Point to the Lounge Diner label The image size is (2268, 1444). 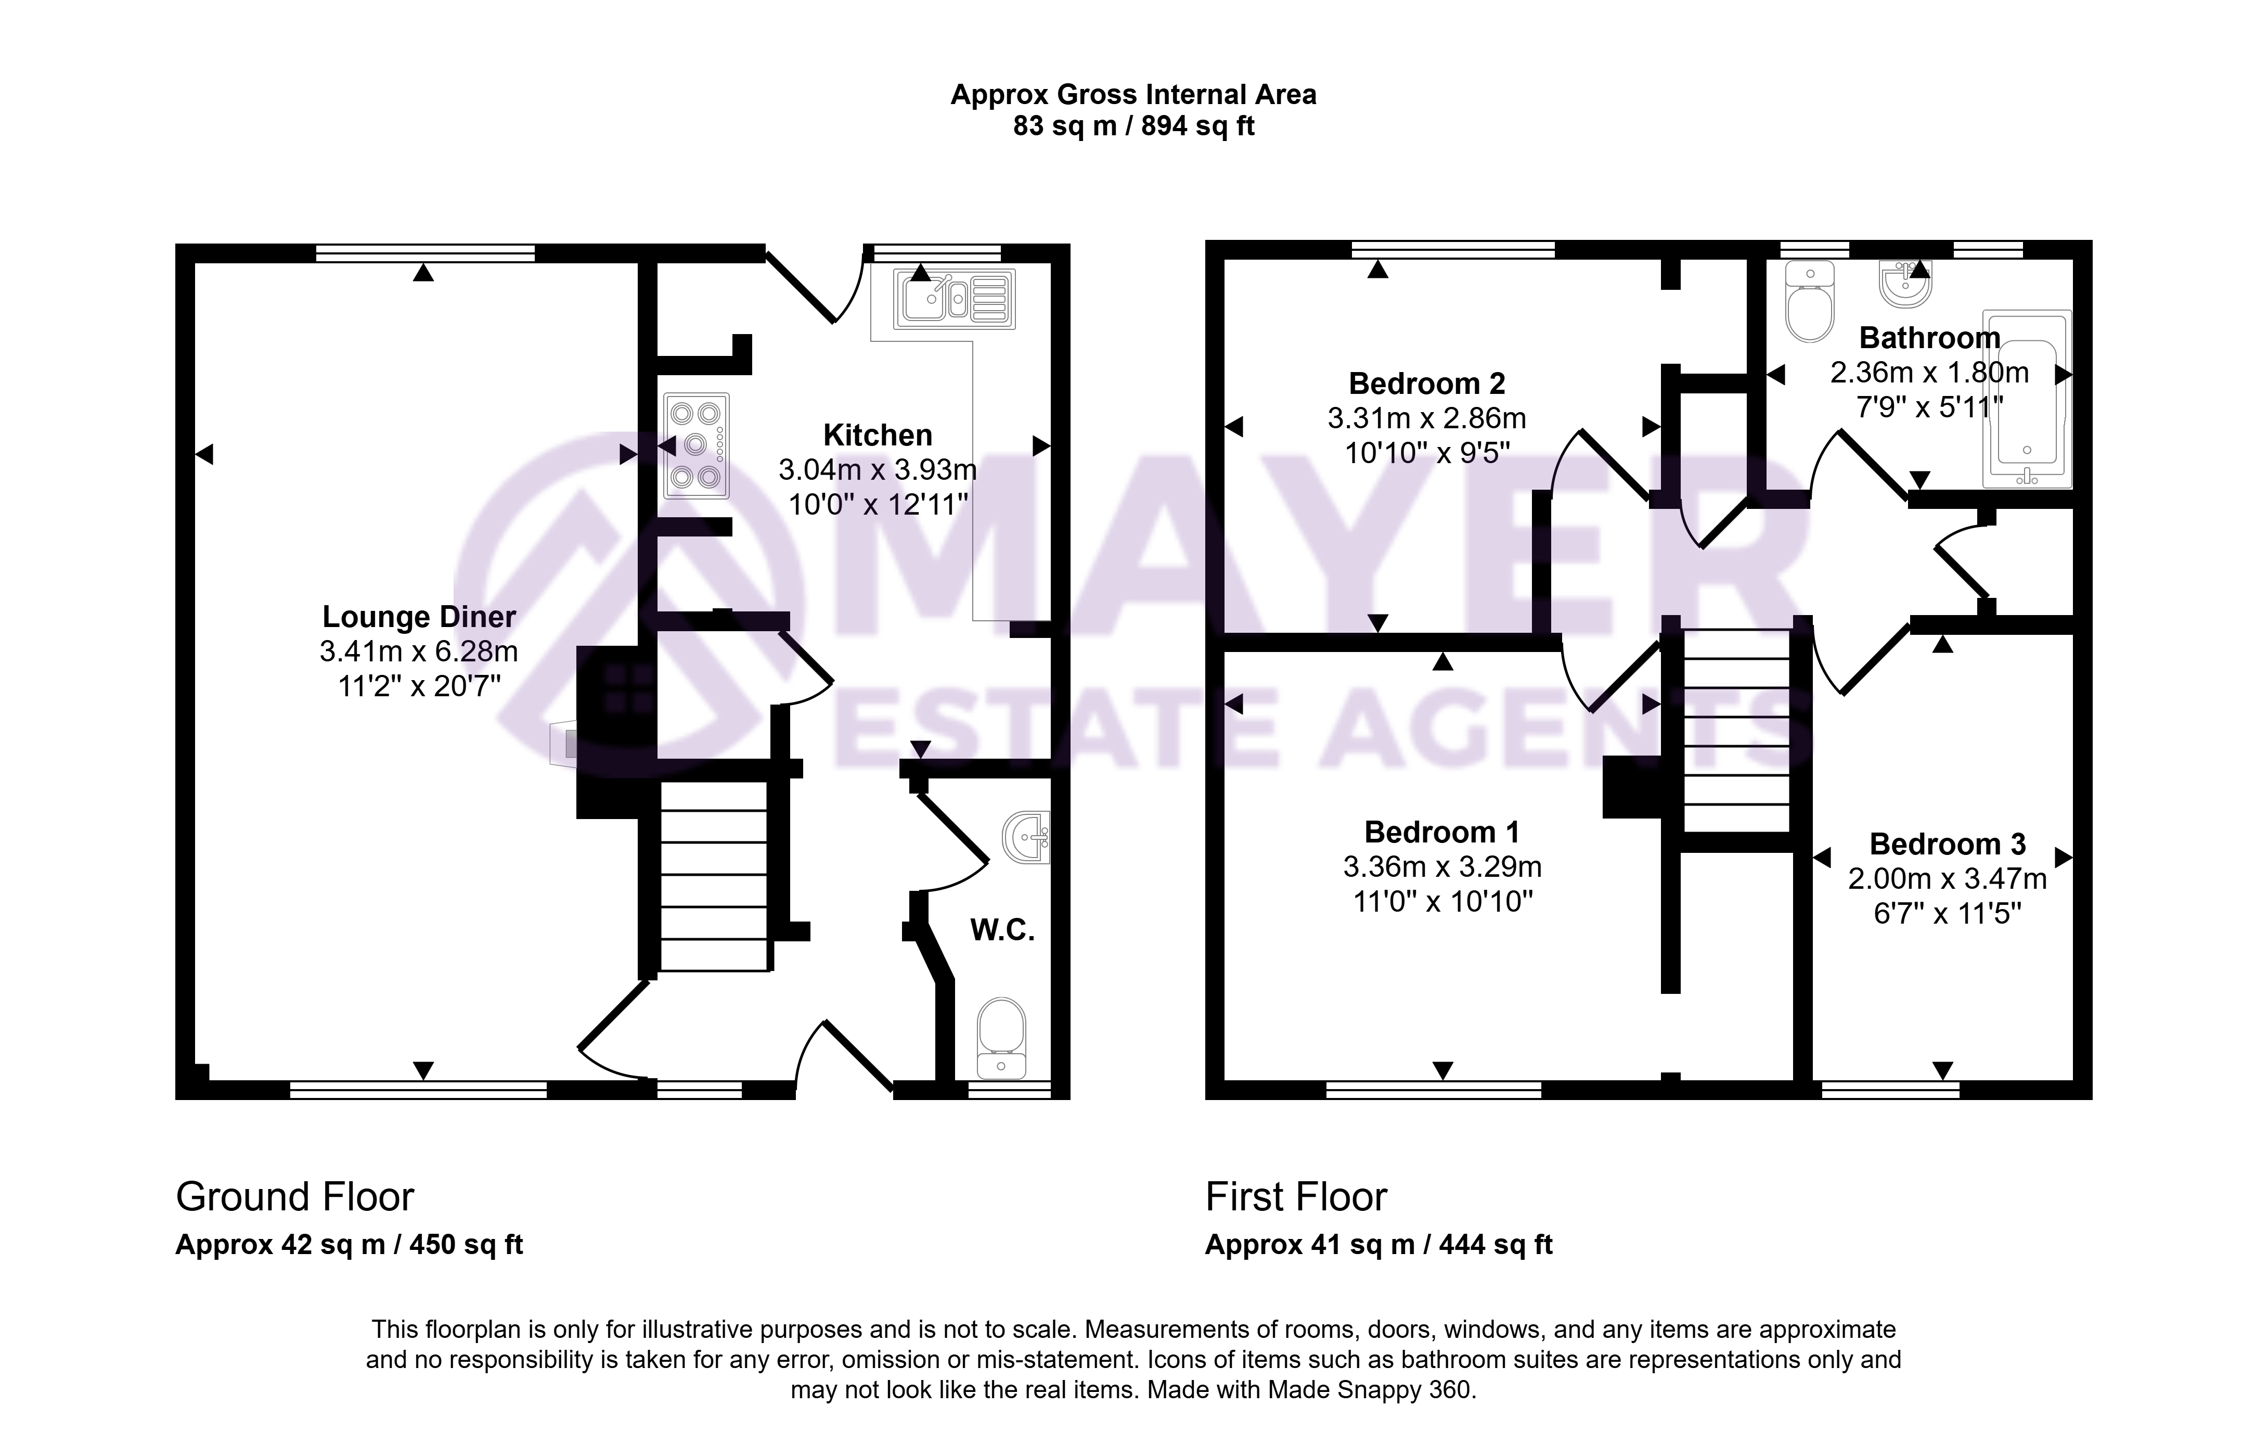(x=419, y=617)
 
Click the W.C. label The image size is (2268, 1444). (x=1002, y=930)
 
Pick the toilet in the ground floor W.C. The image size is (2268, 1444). (x=1001, y=1039)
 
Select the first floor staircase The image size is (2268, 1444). (x=1736, y=730)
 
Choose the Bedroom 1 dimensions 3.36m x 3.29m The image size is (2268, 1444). (x=1442, y=866)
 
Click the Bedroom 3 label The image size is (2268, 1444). (x=1947, y=844)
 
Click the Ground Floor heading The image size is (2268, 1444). (x=295, y=1197)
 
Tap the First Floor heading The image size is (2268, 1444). (x=1296, y=1197)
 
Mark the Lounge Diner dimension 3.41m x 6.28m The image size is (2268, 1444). (x=419, y=651)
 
